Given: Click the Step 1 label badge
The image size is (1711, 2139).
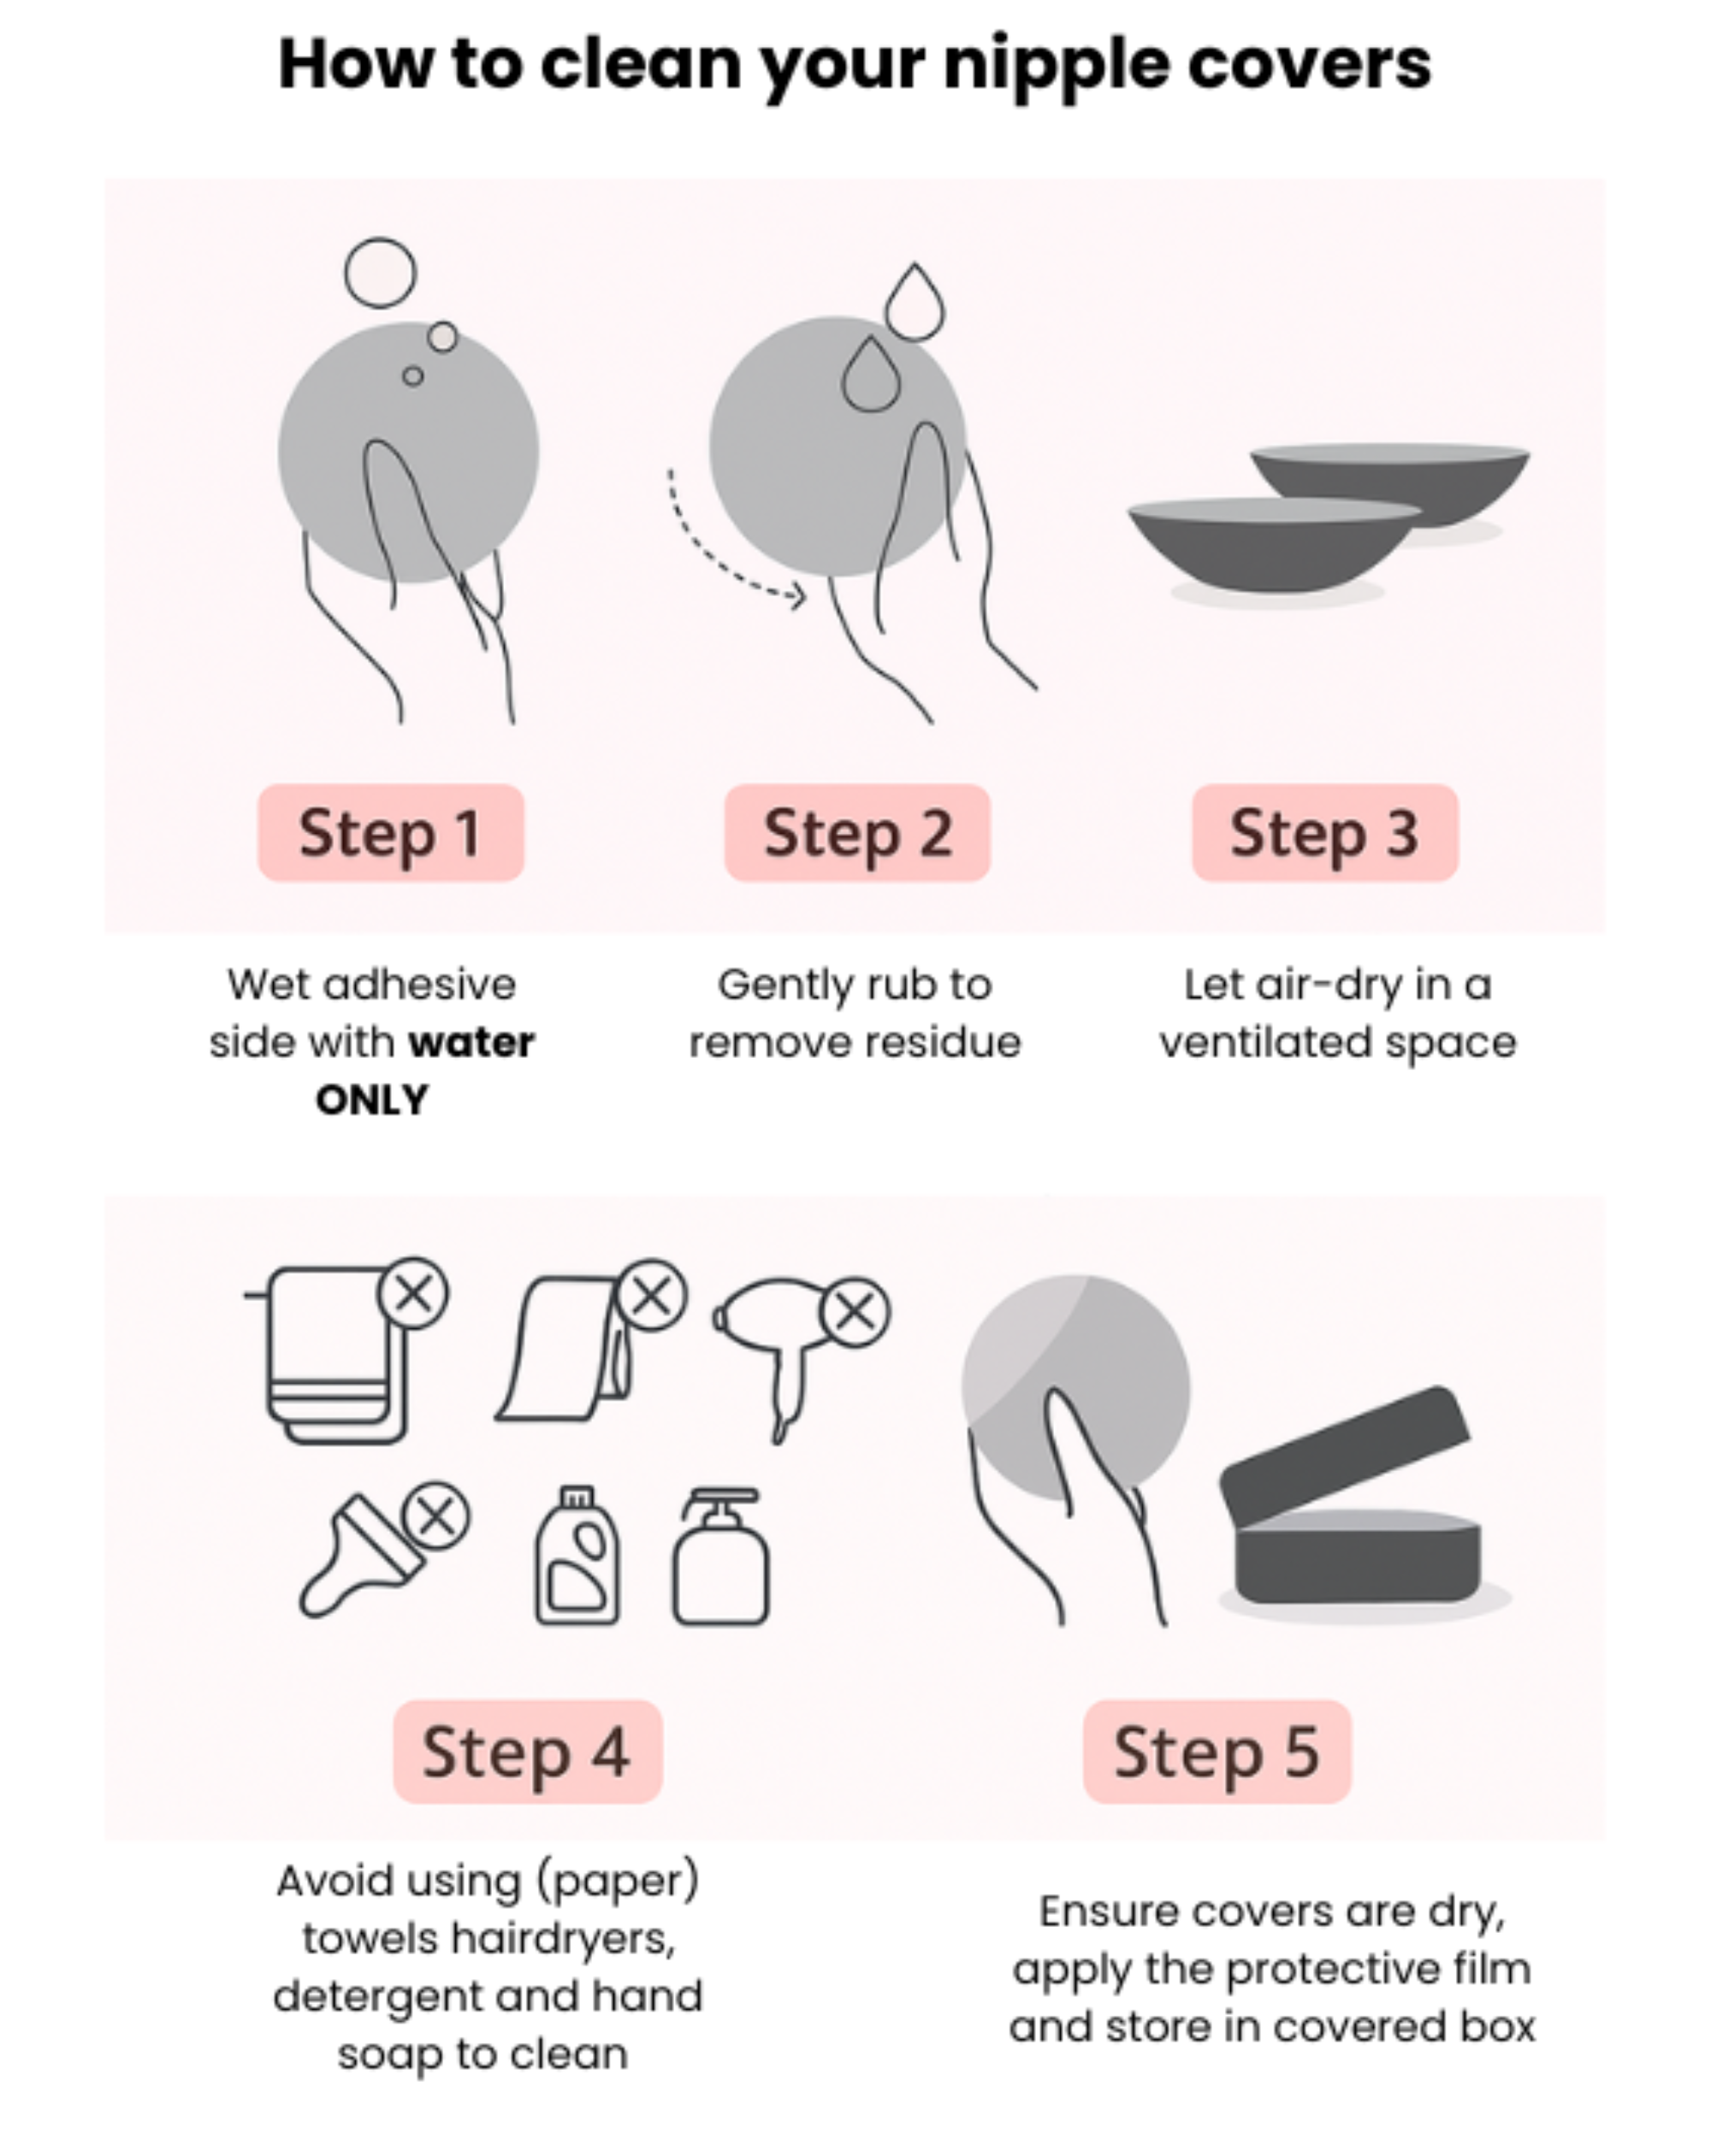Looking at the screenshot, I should pos(390,832).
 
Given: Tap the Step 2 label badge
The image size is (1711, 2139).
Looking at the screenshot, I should pos(856,832).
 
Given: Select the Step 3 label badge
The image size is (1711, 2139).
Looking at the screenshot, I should pos(1324,832).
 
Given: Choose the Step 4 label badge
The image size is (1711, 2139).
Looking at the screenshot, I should pos(527,1751).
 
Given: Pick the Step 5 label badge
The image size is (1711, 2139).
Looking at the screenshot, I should pos(1216,1751).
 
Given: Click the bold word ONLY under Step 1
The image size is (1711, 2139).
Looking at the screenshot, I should pos(372,1099).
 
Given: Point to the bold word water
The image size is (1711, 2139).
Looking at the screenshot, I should pos(471,1042).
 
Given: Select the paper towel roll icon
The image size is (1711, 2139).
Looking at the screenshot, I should pos(565,1350).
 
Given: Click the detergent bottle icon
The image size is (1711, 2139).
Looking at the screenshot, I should pos(577,1557).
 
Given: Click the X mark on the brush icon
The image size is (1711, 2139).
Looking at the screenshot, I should pos(435,1516).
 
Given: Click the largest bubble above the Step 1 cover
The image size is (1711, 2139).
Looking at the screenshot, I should pos(380,273).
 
